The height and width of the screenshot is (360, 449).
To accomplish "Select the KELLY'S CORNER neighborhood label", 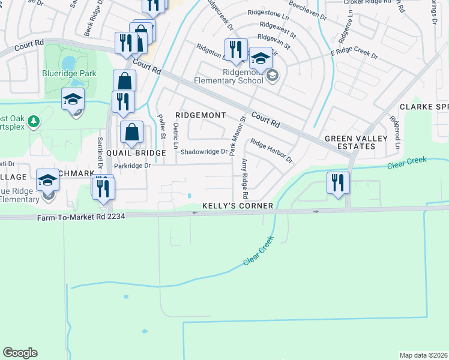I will click(238, 206).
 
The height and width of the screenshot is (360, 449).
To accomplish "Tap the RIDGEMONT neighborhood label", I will click(200, 115).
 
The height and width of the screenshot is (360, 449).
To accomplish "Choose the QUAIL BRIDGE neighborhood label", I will click(136, 154).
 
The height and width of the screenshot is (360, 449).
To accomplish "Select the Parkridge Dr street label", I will click(131, 166).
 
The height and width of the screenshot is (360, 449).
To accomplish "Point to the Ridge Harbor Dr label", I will click(271, 152).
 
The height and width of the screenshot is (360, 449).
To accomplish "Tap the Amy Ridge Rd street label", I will click(245, 179).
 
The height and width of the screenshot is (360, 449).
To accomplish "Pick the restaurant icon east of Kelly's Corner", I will click(338, 182).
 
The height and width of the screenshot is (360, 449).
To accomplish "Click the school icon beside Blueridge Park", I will click(73, 99).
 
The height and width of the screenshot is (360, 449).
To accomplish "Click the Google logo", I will click(20, 353).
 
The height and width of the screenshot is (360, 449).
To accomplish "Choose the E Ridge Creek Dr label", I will click(354, 56).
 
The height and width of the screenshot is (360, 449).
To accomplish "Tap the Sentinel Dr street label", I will click(99, 153).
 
